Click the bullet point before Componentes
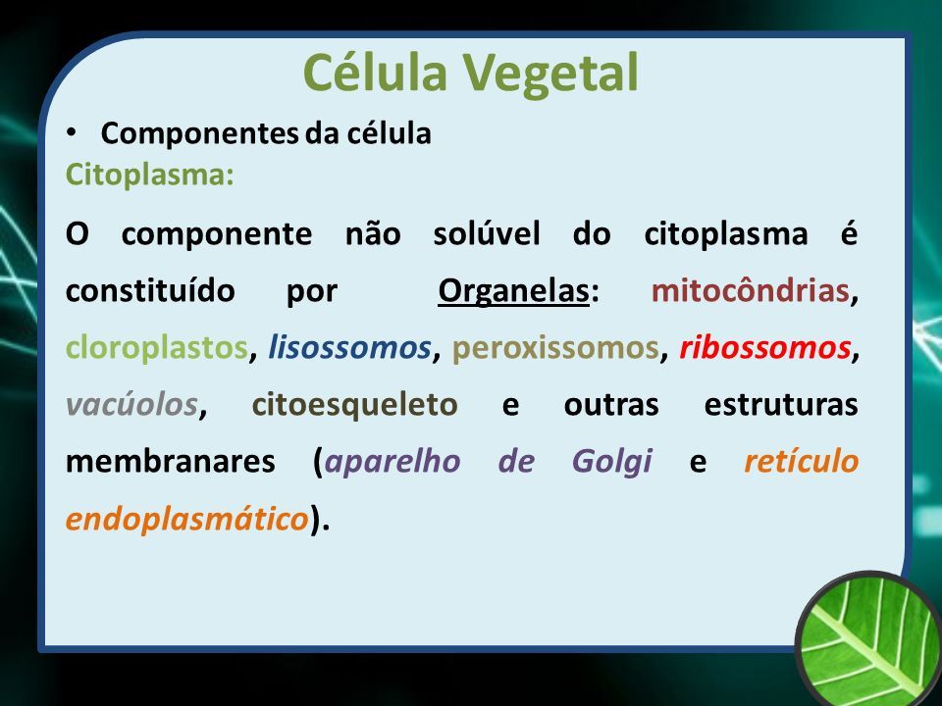[x=72, y=132]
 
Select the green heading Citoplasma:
[x=149, y=176]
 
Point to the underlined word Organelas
[x=513, y=292]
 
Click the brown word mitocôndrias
[x=751, y=290]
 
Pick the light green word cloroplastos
[x=157, y=348]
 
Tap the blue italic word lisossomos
[x=349, y=347]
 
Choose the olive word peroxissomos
[x=555, y=348]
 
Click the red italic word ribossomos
[x=765, y=347]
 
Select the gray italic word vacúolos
[x=132, y=404]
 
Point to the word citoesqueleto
[x=355, y=405]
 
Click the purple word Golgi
[x=612, y=462]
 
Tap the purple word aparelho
[x=392, y=462]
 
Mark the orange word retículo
[x=802, y=461]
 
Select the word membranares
[x=171, y=462]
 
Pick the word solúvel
[x=487, y=233]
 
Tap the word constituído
[x=150, y=290]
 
